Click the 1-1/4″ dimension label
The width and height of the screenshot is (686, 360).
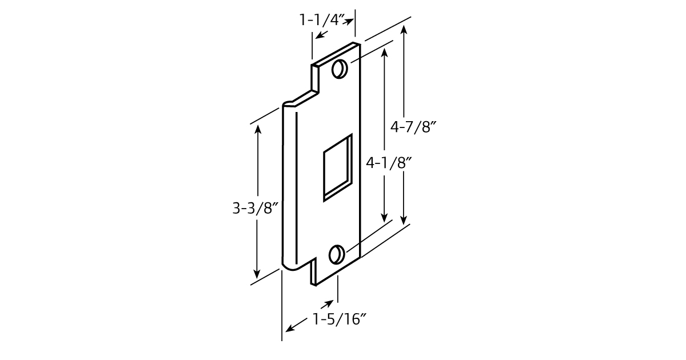322,20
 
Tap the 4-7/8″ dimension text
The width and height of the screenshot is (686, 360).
409,127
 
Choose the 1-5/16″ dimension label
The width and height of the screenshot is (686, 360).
339,319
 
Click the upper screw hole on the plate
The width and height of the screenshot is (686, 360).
339,69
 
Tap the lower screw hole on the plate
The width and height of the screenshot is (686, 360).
337,254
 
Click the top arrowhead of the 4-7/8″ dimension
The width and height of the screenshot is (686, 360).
404,31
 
